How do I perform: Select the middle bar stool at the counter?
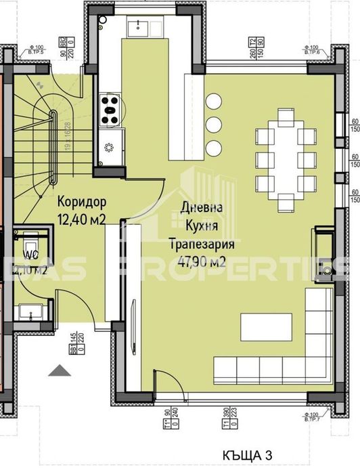click(214, 125)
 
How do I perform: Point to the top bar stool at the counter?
click(214, 102)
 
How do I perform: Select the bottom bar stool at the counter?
click(214, 146)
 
